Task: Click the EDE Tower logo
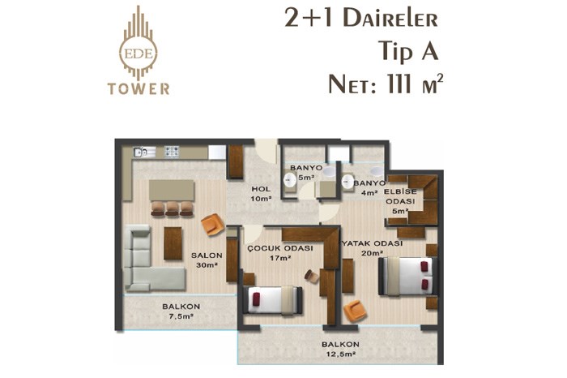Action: (x=139, y=50)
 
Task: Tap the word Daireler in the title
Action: (x=390, y=19)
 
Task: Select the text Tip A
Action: (x=408, y=50)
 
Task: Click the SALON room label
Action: (x=207, y=256)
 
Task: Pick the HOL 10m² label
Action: (x=261, y=194)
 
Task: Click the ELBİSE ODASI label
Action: (x=400, y=201)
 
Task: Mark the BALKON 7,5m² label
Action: (x=181, y=311)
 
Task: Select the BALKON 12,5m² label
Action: (x=340, y=349)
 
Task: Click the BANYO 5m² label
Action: (x=306, y=173)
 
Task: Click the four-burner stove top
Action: (x=172, y=152)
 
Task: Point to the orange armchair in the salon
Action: (x=213, y=225)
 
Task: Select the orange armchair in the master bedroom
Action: (x=355, y=311)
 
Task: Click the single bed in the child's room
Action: (x=273, y=300)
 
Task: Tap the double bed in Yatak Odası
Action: (x=407, y=277)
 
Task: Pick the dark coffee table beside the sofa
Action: (x=173, y=243)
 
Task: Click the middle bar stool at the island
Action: (x=172, y=208)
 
